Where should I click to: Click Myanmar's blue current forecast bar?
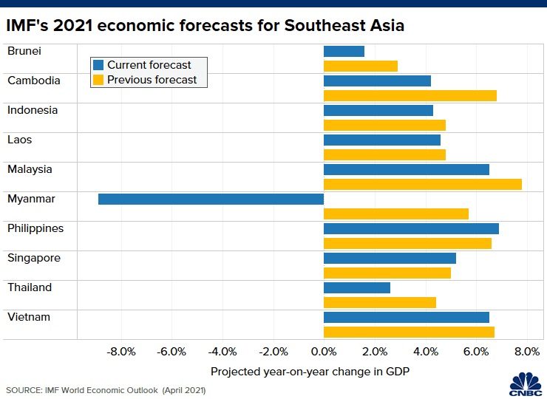211,199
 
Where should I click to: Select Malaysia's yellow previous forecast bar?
422,184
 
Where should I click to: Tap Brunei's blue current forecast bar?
344,51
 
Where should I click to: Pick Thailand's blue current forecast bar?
356,287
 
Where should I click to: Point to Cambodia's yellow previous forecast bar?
410,95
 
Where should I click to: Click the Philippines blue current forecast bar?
411,228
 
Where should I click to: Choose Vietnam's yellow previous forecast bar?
409,332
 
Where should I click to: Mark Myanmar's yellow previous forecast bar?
395,214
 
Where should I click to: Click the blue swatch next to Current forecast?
98,65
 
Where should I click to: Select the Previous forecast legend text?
152,80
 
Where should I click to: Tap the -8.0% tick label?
121,352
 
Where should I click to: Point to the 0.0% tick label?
324,352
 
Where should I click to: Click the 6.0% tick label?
476,352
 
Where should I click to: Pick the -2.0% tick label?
273,352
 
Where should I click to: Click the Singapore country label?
34,258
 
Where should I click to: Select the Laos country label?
20,140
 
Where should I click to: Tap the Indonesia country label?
33,110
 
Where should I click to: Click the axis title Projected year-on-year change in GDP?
310,372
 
